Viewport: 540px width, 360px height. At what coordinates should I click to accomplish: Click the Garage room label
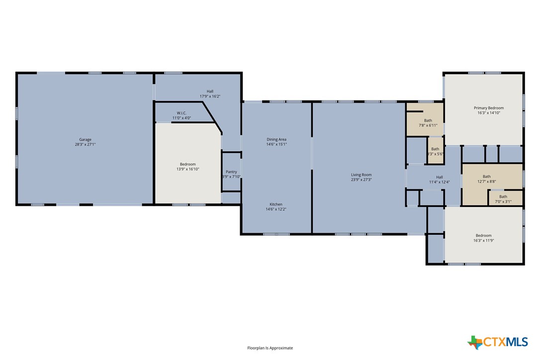tap(85, 140)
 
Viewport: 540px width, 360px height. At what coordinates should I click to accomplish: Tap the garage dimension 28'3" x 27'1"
tap(85, 145)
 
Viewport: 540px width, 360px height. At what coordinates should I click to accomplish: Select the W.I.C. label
tap(181, 113)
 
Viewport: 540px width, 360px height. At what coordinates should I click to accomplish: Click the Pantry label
tap(231, 172)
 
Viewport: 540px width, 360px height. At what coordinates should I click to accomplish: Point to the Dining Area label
tap(276, 139)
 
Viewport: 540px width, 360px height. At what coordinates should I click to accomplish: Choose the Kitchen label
tap(276, 204)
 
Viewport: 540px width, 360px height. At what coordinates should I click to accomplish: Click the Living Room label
tap(361, 175)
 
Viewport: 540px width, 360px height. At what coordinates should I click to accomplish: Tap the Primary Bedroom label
tap(489, 108)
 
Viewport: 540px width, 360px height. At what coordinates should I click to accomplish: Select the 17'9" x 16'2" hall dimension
tap(210, 96)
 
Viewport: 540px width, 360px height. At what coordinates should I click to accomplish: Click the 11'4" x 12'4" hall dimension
tap(440, 182)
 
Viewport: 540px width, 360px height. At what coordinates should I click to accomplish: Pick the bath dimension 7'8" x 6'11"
tap(428, 125)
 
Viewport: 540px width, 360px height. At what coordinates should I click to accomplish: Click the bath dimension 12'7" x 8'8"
tap(486, 181)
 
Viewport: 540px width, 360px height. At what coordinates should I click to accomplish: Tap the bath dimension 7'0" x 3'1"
tap(503, 201)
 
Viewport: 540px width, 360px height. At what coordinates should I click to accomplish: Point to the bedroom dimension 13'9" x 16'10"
tap(188, 169)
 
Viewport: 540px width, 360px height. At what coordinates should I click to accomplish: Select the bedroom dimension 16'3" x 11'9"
tap(484, 240)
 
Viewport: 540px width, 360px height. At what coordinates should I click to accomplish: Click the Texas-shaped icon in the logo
tap(475, 342)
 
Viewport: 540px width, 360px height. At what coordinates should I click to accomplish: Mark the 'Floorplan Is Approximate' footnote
tap(270, 348)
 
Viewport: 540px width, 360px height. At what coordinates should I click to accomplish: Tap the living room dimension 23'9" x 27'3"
tap(361, 180)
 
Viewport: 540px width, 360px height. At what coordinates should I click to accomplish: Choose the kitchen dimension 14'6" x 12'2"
tap(276, 209)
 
